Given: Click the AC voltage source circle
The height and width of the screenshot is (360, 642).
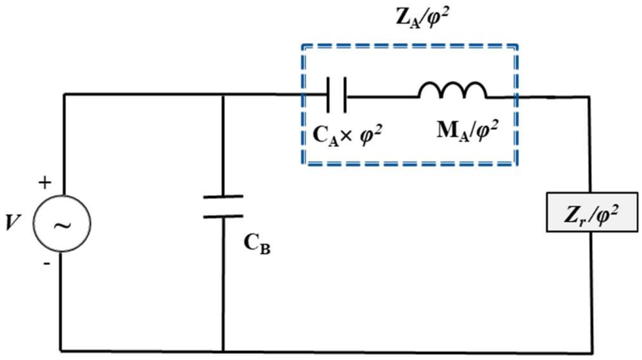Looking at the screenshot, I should [x=62, y=223].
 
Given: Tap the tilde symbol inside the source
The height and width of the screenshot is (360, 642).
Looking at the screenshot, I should [x=63, y=225].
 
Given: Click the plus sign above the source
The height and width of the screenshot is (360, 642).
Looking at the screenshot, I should [x=45, y=183].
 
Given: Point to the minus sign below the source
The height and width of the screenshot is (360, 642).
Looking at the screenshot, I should [x=47, y=263].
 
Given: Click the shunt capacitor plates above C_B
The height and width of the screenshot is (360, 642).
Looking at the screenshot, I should [x=223, y=206].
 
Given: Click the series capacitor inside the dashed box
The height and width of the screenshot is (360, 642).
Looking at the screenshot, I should [x=336, y=95].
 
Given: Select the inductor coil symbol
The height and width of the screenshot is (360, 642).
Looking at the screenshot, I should [x=452, y=90].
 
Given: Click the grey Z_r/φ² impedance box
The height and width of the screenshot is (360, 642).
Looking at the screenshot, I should [x=592, y=212].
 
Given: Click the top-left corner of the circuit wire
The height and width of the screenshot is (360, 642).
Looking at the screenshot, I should [x=64, y=94].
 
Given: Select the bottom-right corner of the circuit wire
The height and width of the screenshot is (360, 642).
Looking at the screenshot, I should [x=592, y=353].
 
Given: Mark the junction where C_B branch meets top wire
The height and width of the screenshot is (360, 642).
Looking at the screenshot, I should [x=223, y=95].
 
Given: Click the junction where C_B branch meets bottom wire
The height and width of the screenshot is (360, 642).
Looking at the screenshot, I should [x=223, y=351].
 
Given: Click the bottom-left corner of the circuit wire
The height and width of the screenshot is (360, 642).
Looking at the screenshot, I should [x=61, y=350].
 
